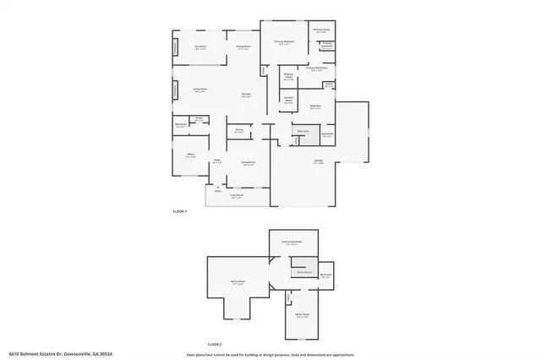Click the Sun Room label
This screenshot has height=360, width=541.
click(201, 46)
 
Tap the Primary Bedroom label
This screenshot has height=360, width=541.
click(283, 41)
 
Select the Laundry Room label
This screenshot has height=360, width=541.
click(288, 101)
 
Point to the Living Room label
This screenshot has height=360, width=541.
click(200, 90)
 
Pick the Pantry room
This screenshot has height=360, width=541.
click(239, 131)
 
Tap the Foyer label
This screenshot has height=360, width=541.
click(217, 161)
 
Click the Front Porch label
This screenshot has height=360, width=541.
click(237, 196)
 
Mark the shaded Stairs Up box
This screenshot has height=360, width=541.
click(302, 131)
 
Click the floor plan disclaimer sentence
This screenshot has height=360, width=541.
click(270, 354)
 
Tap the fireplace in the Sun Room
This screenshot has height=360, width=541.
click(177, 48)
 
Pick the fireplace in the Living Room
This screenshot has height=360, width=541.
click(177, 90)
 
